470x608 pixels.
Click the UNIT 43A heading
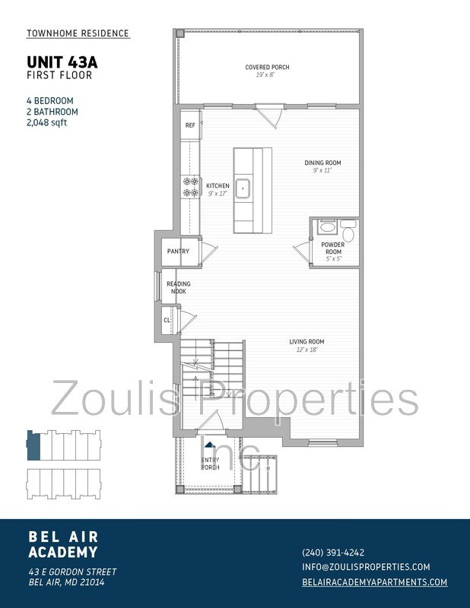pyautogui.click(x=59, y=62)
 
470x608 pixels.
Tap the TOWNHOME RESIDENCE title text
pyautogui.click(x=78, y=34)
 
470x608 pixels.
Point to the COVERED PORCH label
pyautogui.click(x=267, y=68)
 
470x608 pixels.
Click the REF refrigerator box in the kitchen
pyautogui.click(x=190, y=125)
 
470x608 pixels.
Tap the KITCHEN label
pyautogui.click(x=218, y=185)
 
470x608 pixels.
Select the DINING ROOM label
pyautogui.click(x=322, y=163)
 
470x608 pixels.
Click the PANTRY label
pyautogui.click(x=178, y=252)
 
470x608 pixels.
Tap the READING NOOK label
pyautogui.click(x=179, y=287)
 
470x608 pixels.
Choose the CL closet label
pyautogui.click(x=167, y=320)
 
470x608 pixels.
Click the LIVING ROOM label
pyautogui.click(x=306, y=342)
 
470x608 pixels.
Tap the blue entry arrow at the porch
pyautogui.click(x=209, y=448)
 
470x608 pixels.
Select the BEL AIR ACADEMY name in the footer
pyautogui.click(x=63, y=544)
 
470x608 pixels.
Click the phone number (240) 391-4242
pyautogui.click(x=333, y=553)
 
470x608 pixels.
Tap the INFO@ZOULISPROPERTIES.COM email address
pyautogui.click(x=367, y=567)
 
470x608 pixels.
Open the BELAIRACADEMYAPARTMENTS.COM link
pyautogui.click(x=375, y=582)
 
